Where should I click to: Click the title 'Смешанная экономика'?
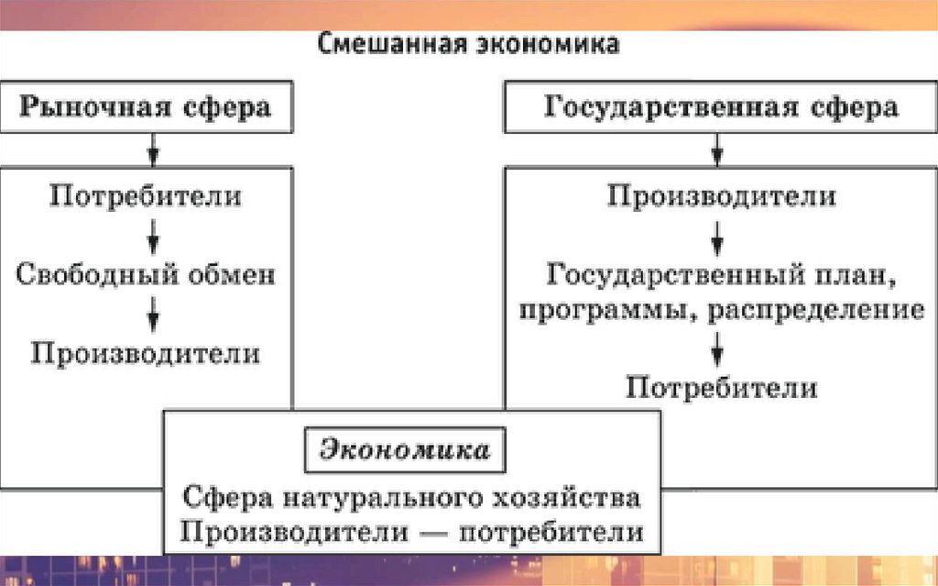pos(469,45)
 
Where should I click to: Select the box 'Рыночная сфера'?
pos(147,106)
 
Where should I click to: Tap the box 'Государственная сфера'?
pos(721,106)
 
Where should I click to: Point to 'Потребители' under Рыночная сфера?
pos(147,196)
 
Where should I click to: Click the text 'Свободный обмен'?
pos(147,274)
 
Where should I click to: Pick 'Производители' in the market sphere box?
pos(147,353)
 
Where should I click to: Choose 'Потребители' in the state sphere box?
pos(721,387)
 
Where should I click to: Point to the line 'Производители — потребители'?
pos(410,532)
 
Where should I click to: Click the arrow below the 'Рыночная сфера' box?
pos(154,146)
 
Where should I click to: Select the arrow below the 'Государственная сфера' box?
pos(720,146)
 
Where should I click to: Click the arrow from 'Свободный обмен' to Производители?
pos(154,315)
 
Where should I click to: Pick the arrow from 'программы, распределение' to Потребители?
pos(720,348)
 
